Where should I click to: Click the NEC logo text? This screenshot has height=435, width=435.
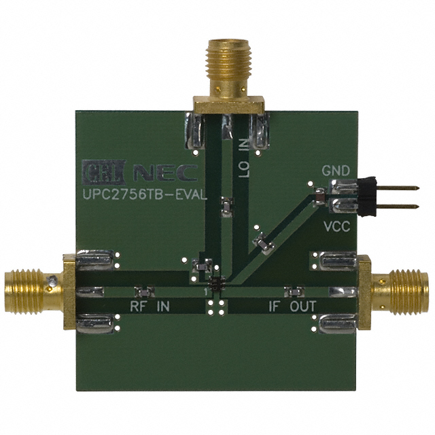click(x=165, y=173)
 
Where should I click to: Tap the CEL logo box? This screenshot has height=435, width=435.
click(x=104, y=172)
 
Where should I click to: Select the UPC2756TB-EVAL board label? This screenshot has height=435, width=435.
click(x=145, y=194)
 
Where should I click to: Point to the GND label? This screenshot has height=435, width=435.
click(x=336, y=171)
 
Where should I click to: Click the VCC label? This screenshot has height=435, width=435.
click(x=337, y=227)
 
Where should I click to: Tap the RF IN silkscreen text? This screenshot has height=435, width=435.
click(x=150, y=307)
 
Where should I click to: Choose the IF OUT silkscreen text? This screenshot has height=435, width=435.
click(x=292, y=307)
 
